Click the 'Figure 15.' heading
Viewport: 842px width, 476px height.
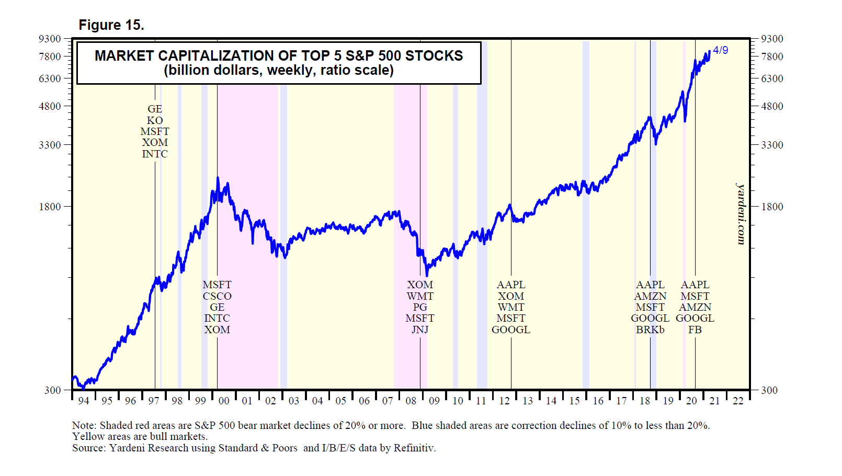coord(111,25)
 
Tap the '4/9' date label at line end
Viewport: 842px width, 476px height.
coord(720,50)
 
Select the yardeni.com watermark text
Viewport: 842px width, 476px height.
coord(741,213)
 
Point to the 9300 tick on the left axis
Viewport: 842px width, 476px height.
coord(50,39)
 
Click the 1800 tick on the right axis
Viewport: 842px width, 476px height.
coord(772,207)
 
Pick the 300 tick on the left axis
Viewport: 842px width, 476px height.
coord(53,390)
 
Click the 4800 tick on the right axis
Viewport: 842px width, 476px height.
coord(772,106)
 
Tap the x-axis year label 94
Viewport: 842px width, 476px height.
coord(84,401)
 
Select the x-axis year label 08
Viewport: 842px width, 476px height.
coord(411,401)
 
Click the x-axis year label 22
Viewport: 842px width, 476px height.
coord(738,401)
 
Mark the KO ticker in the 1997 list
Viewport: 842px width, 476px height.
coord(155,120)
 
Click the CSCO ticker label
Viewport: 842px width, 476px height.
coord(217,296)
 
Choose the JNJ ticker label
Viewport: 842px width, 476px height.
coord(420,330)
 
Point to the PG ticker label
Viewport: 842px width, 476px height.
coord(420,307)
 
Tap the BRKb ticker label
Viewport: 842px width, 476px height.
coord(650,330)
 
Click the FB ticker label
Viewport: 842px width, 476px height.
coord(695,330)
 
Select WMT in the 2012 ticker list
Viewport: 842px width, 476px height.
coord(511,307)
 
